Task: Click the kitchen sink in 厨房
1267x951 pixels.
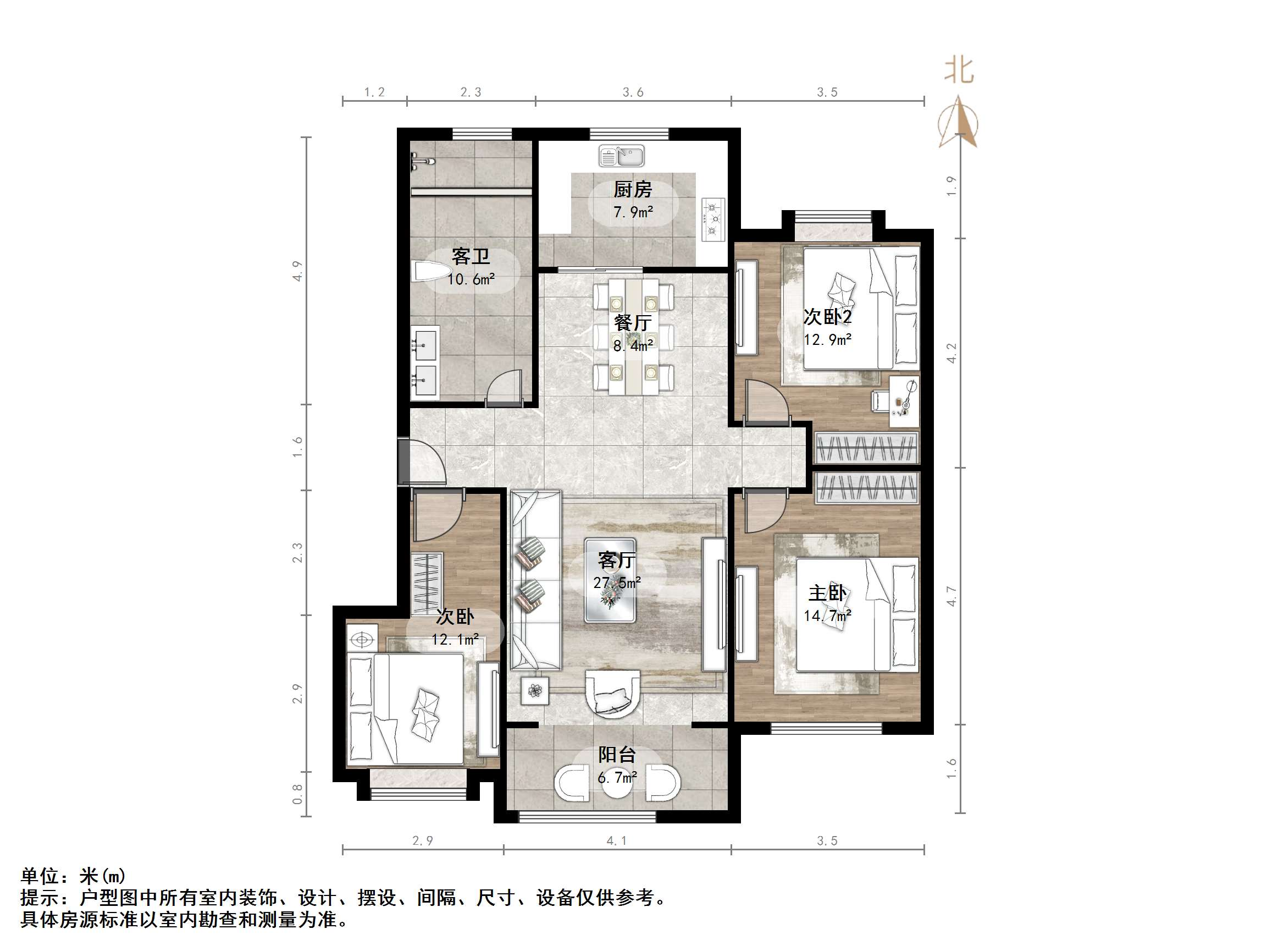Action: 622,156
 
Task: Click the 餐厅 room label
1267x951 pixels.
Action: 632,323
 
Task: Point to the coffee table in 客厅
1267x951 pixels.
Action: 610,580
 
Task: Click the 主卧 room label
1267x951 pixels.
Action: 827,593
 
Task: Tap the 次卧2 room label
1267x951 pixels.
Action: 827,316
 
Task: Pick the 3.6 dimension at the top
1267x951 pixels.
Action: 633,92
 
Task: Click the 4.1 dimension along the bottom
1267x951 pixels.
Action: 616,841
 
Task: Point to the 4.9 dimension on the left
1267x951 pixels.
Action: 297,271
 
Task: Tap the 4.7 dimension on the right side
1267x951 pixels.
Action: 951,596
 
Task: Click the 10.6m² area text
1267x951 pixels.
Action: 471,279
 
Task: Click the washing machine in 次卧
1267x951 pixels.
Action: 362,639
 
